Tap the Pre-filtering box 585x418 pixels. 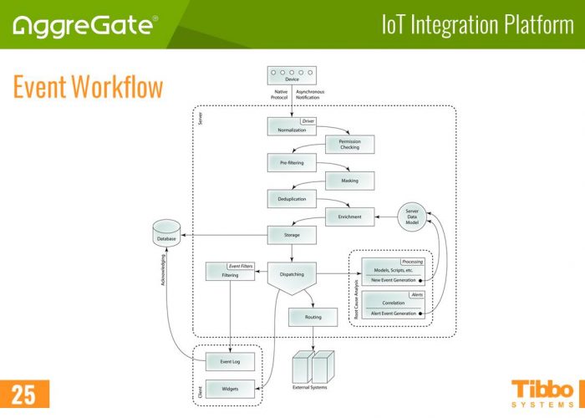(291, 162)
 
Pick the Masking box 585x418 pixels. (349, 181)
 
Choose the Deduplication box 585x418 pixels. (291, 199)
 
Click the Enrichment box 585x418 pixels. (349, 217)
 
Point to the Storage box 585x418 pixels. (291, 235)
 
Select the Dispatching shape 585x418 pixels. (291, 277)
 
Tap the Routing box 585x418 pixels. (313, 318)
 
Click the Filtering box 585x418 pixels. (230, 272)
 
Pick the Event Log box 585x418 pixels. (230, 361)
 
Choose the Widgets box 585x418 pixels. (230, 389)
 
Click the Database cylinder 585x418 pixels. (167, 234)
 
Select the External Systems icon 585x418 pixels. (312, 365)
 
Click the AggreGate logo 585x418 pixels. (84, 26)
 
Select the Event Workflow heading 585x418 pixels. (88, 86)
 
